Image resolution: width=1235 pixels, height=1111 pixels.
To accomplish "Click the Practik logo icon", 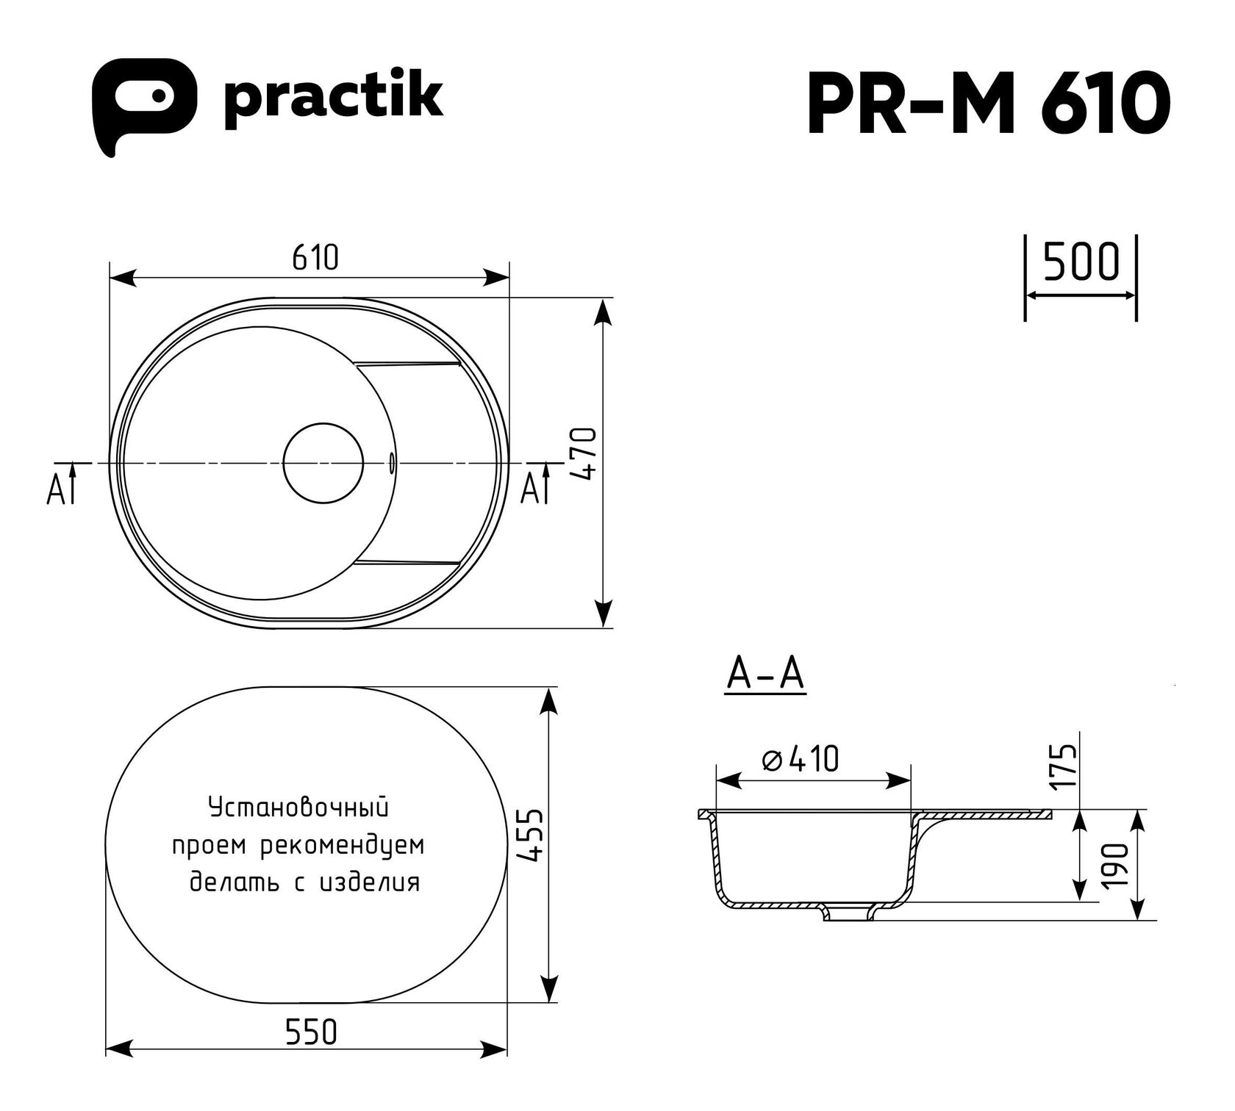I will click(144, 107).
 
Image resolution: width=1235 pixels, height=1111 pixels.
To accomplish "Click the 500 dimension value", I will click(1081, 262).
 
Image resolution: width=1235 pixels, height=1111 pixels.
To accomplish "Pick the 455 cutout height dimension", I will click(534, 835).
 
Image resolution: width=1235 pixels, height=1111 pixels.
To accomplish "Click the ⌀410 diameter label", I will click(801, 760).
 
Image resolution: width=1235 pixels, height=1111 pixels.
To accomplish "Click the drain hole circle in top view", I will click(323, 463).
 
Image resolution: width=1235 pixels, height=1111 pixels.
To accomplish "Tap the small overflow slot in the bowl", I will click(391, 461).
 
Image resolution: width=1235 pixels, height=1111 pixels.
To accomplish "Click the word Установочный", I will click(298, 808).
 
